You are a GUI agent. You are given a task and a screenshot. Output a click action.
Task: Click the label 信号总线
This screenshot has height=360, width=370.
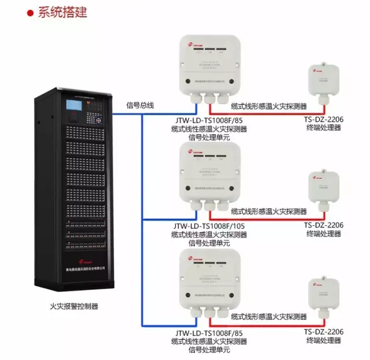pyautogui.click(x=140, y=105)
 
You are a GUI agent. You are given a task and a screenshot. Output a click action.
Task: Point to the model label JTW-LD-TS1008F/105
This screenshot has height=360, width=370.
pyautogui.click(x=209, y=226)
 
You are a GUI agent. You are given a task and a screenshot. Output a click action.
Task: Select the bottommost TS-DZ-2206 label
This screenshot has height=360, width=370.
pyautogui.click(x=324, y=332)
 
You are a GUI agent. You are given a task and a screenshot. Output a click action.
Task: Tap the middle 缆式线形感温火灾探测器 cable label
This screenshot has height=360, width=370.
pyautogui.click(x=269, y=212)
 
